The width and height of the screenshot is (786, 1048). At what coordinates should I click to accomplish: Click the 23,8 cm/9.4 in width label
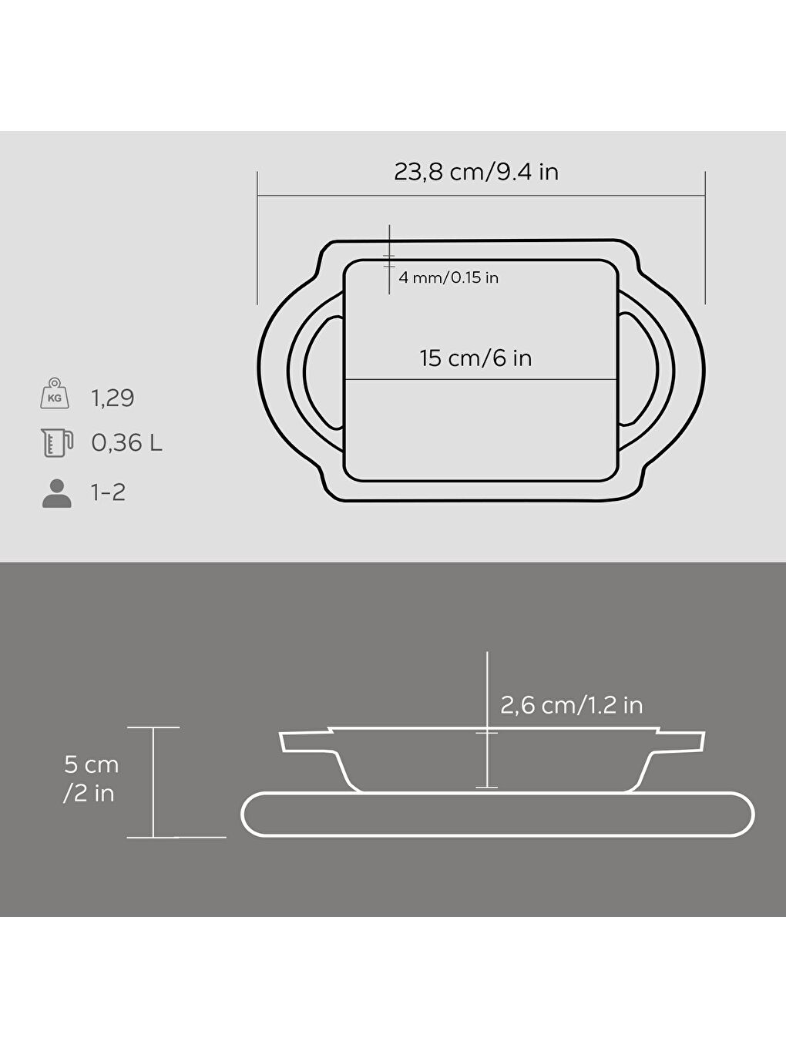pyautogui.click(x=476, y=172)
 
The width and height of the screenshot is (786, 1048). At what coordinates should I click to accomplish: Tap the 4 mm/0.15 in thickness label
pyautogui.click(x=448, y=278)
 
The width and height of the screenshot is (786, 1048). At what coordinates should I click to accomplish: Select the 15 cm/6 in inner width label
pyautogui.click(x=475, y=358)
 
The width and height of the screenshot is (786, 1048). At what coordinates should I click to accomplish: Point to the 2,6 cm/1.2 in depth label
pyautogui.click(x=571, y=705)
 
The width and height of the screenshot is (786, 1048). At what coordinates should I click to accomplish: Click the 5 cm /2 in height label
pyautogui.click(x=90, y=778)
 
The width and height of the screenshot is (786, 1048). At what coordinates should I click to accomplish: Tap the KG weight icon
pyautogui.click(x=55, y=395)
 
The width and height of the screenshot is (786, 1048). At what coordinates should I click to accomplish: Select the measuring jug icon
pyautogui.click(x=56, y=443)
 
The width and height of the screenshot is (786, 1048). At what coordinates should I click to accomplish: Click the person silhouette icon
pyautogui.click(x=56, y=493)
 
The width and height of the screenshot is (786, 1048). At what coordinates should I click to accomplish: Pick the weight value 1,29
pyautogui.click(x=113, y=398)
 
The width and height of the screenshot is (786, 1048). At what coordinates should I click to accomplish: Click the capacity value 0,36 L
pyautogui.click(x=126, y=443)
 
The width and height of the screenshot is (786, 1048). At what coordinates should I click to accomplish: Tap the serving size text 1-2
pyautogui.click(x=108, y=492)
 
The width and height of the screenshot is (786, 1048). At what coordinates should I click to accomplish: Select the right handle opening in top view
pyautogui.click(x=639, y=371)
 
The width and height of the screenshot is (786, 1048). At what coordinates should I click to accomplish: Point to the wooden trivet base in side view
pyautogui.click(x=498, y=815)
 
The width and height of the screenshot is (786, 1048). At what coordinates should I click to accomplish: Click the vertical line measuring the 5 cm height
pyautogui.click(x=153, y=782)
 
